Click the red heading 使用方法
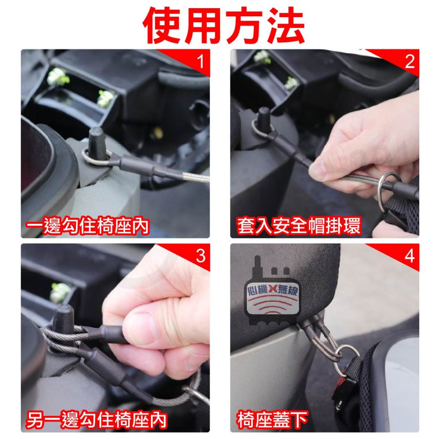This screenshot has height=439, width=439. [x=223, y=25]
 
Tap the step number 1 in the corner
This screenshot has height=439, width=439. [x=201, y=61]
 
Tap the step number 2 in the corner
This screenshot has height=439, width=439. [x=409, y=61]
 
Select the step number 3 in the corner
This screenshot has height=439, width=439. [x=201, y=256]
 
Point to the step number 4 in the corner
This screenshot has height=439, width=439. [x=409, y=256]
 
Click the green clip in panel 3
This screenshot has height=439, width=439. [x=60, y=292]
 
